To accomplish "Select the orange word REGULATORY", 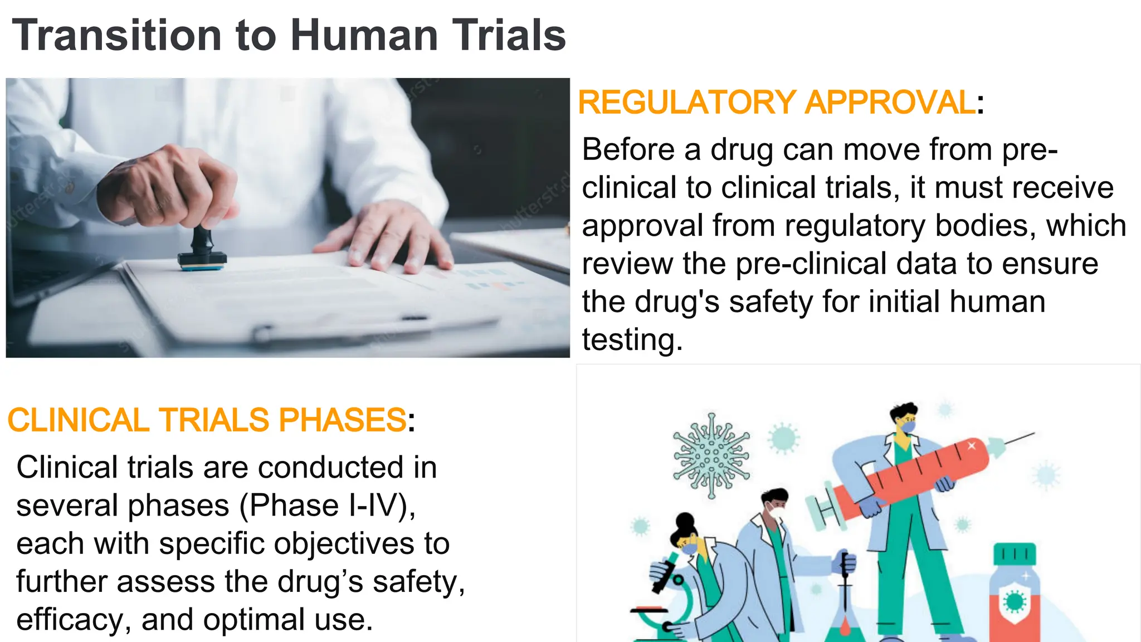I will (687, 103).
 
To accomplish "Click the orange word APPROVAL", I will (890, 103).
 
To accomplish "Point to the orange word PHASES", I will (342, 420).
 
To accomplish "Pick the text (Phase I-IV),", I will (328, 505).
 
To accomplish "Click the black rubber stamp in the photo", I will (202, 249).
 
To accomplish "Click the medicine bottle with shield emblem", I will (1015, 594).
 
